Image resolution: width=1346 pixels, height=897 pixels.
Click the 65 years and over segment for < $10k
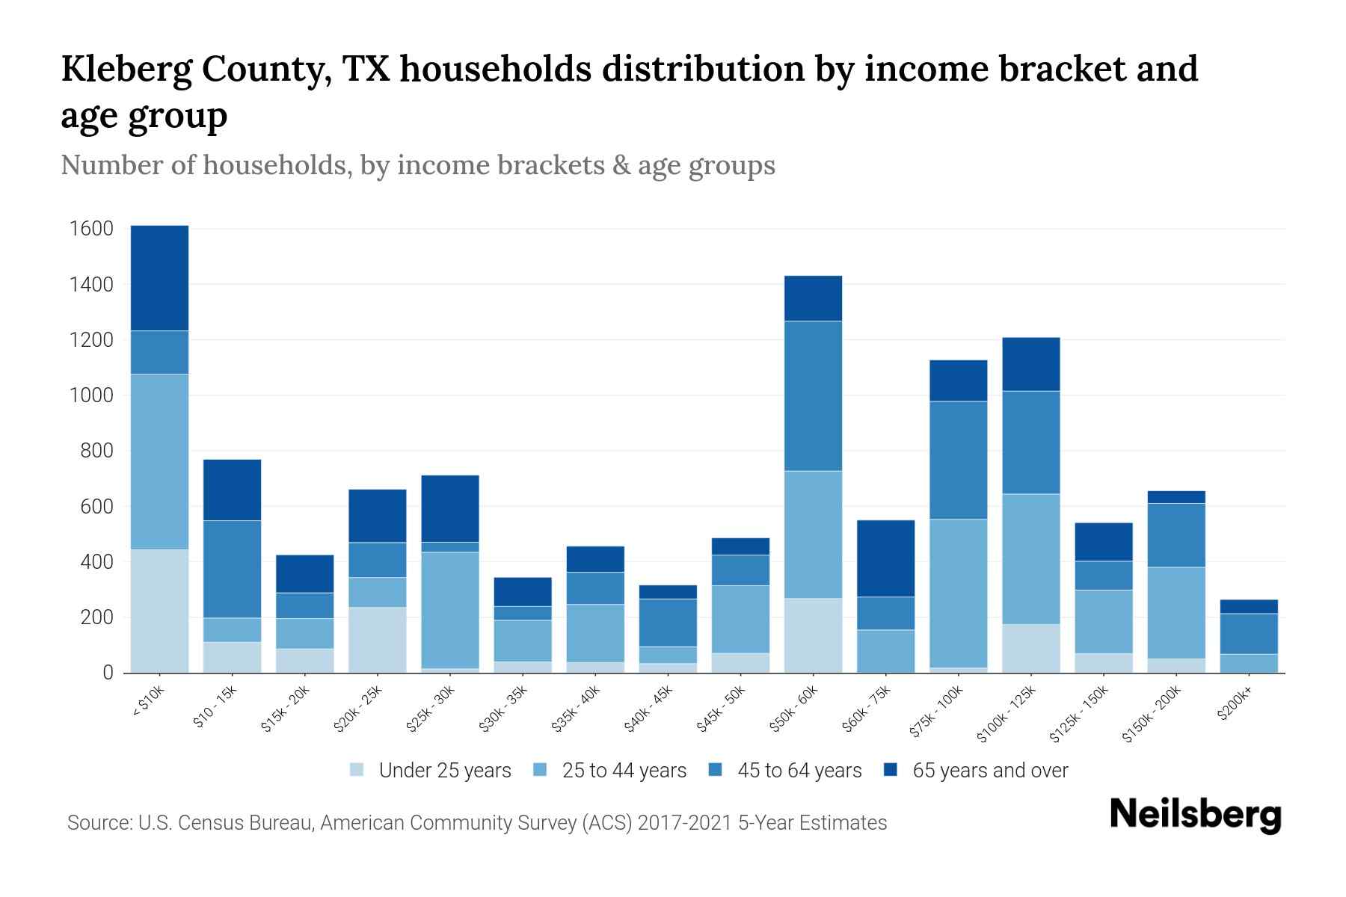point(159,278)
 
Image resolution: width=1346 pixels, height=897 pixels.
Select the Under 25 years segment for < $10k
point(159,611)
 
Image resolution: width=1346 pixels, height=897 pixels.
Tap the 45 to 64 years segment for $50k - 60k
point(813,396)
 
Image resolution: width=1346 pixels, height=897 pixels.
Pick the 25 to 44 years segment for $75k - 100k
point(958,594)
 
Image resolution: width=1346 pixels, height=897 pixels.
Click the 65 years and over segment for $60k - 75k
point(885,558)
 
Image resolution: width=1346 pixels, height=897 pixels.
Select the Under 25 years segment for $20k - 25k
point(378,640)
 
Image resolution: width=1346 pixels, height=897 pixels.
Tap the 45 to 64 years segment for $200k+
point(1249,634)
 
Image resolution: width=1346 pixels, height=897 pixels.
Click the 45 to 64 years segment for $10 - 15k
point(232,569)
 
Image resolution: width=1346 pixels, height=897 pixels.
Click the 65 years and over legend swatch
point(891,770)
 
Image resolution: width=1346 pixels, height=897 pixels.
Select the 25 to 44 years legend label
point(624,771)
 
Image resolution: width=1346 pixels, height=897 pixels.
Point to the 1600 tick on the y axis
point(91,229)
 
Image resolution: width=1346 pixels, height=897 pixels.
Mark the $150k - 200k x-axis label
point(1152,715)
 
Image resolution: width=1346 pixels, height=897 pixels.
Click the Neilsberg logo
point(1195,816)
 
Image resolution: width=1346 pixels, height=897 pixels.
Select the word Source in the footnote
point(98,823)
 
